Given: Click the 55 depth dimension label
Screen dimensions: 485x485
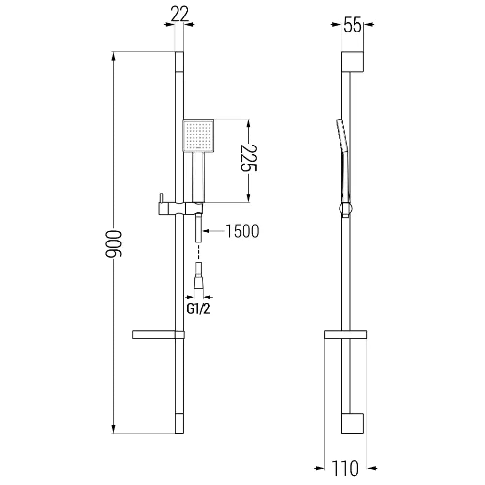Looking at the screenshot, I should (353, 25).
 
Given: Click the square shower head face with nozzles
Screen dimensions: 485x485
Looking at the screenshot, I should (198, 135).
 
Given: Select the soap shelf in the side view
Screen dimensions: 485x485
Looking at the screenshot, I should (345, 335).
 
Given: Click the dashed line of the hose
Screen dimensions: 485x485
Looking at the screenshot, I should (198, 253).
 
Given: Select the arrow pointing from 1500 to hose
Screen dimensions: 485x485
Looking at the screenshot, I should (212, 231).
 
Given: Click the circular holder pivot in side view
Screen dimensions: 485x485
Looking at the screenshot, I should (345, 210).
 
